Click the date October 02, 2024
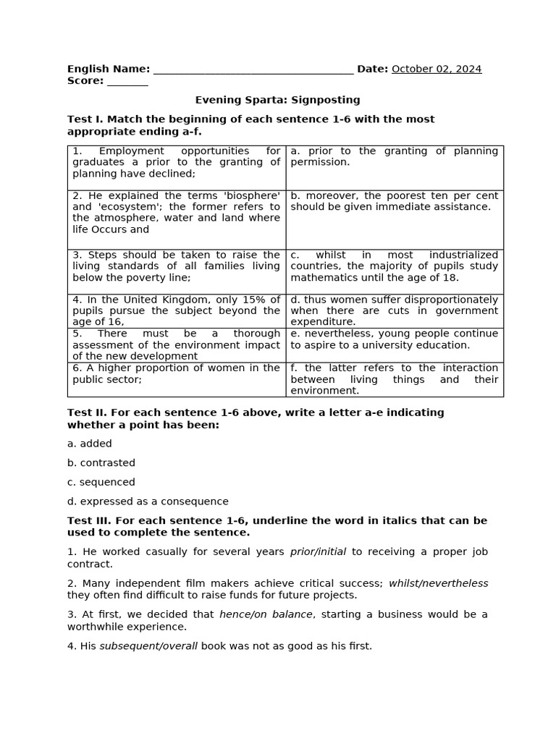coord(436,69)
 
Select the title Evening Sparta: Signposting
coord(277,100)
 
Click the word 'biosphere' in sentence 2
coord(253,195)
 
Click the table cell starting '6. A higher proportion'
coord(176,379)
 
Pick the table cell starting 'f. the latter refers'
coord(394,379)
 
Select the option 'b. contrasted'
coord(101,463)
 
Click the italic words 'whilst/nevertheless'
coord(438,583)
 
